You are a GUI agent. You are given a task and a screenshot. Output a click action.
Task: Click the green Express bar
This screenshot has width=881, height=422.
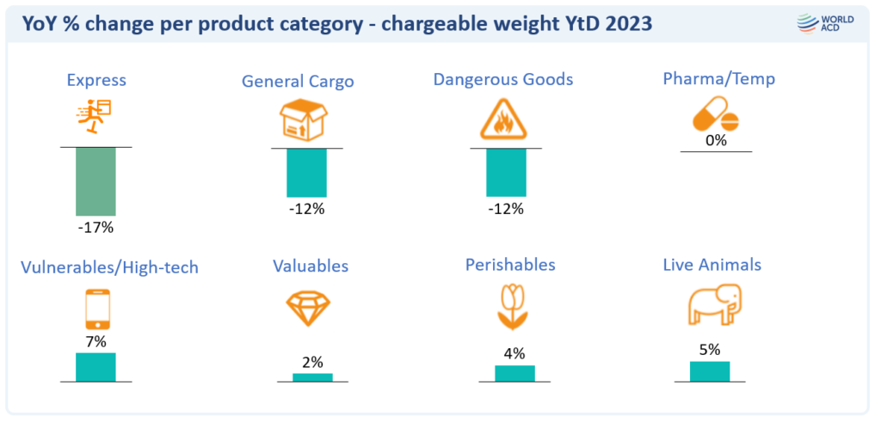click(95, 181)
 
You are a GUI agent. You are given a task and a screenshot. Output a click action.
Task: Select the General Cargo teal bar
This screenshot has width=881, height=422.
click(306, 172)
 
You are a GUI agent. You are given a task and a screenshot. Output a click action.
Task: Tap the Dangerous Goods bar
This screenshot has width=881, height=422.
click(505, 172)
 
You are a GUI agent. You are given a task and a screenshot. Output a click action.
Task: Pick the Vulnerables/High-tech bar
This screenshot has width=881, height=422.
click(95, 366)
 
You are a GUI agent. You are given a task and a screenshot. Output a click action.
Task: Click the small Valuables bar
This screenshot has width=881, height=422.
click(312, 376)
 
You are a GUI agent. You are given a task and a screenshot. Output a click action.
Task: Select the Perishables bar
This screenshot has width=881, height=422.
click(514, 373)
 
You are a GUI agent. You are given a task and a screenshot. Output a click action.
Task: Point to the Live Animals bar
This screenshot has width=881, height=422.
click(710, 370)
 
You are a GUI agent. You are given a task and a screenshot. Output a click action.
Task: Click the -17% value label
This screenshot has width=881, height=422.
click(95, 228)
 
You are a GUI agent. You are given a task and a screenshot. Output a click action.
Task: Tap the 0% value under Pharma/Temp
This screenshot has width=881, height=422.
click(716, 140)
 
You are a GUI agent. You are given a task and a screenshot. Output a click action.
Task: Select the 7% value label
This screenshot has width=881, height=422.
click(95, 341)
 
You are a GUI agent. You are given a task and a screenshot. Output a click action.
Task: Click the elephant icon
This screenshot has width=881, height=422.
click(713, 304)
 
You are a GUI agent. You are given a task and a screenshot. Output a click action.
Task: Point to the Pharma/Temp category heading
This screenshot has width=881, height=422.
click(718, 79)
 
